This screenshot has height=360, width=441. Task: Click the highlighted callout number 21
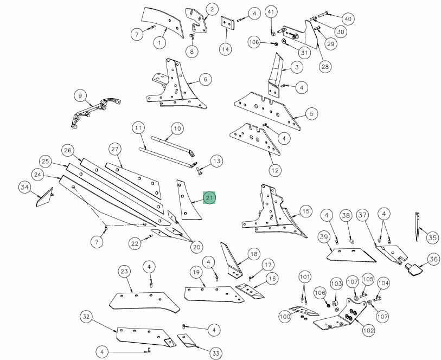(x=209, y=198)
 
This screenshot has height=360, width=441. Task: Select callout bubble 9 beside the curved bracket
(x=80, y=97)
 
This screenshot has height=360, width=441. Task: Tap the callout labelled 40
(x=348, y=19)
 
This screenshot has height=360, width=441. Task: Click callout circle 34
(x=24, y=188)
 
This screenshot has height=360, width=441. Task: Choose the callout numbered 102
(x=368, y=330)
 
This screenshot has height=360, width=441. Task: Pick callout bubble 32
(x=86, y=317)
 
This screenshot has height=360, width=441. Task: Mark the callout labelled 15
(x=305, y=211)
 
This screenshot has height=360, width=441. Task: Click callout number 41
(x=271, y=12)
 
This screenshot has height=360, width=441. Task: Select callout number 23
(x=124, y=271)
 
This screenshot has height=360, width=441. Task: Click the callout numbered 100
(x=285, y=316)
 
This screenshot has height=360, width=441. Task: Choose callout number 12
(x=275, y=170)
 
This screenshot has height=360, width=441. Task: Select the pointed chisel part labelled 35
(x=418, y=228)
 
